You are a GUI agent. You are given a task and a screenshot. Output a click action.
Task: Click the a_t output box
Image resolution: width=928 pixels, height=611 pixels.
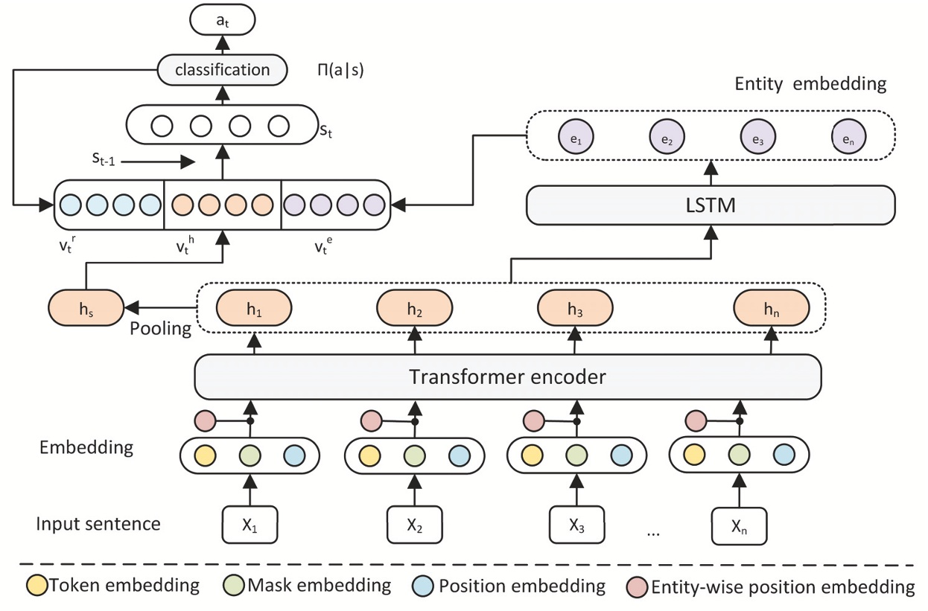pyautogui.click(x=222, y=20)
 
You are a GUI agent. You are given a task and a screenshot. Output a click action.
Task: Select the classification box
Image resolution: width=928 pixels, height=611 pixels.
pyautogui.click(x=222, y=70)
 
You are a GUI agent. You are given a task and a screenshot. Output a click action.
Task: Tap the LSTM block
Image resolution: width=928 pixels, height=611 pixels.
pyautogui.click(x=711, y=205)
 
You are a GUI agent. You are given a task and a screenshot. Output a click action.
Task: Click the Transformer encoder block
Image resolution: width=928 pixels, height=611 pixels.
pyautogui.click(x=507, y=377)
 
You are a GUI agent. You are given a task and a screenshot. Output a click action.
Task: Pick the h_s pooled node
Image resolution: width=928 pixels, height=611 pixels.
pyautogui.click(x=86, y=307)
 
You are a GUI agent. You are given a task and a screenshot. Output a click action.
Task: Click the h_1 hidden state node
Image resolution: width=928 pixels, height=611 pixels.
pyautogui.click(x=254, y=307)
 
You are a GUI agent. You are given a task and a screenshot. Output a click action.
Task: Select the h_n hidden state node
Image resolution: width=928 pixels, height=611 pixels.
pyautogui.click(x=771, y=307)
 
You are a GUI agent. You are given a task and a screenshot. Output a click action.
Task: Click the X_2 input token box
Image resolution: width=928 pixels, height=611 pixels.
pyautogui.click(x=415, y=525)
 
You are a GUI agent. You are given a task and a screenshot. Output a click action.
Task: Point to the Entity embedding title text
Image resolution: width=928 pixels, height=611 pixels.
pyautogui.click(x=810, y=83)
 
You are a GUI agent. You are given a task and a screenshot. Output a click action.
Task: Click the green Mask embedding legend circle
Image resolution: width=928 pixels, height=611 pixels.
pyautogui.click(x=234, y=586)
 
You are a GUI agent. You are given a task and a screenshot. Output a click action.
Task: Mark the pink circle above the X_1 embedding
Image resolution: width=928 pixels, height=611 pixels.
pyautogui.click(x=205, y=421)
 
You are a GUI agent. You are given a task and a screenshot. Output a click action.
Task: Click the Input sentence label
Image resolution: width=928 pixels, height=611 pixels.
pyautogui.click(x=98, y=524)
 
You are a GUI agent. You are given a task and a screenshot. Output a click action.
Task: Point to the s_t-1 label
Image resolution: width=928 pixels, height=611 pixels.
pyautogui.click(x=105, y=158)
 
